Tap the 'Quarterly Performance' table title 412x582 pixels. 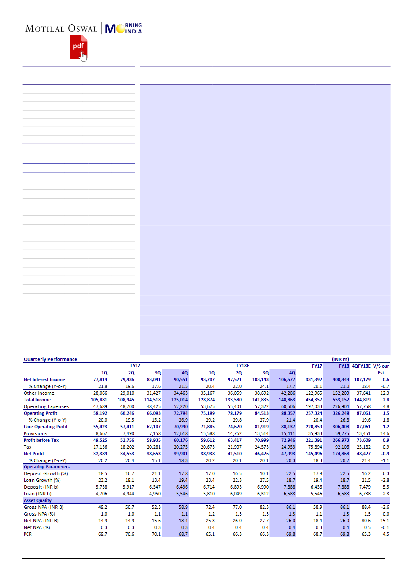[50, 358]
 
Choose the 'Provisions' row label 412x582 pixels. [36, 433]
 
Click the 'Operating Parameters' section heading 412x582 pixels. [47, 467]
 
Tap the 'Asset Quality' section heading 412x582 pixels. [38, 501]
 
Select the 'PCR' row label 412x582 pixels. [29, 535]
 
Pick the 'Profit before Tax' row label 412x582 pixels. [42, 440]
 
